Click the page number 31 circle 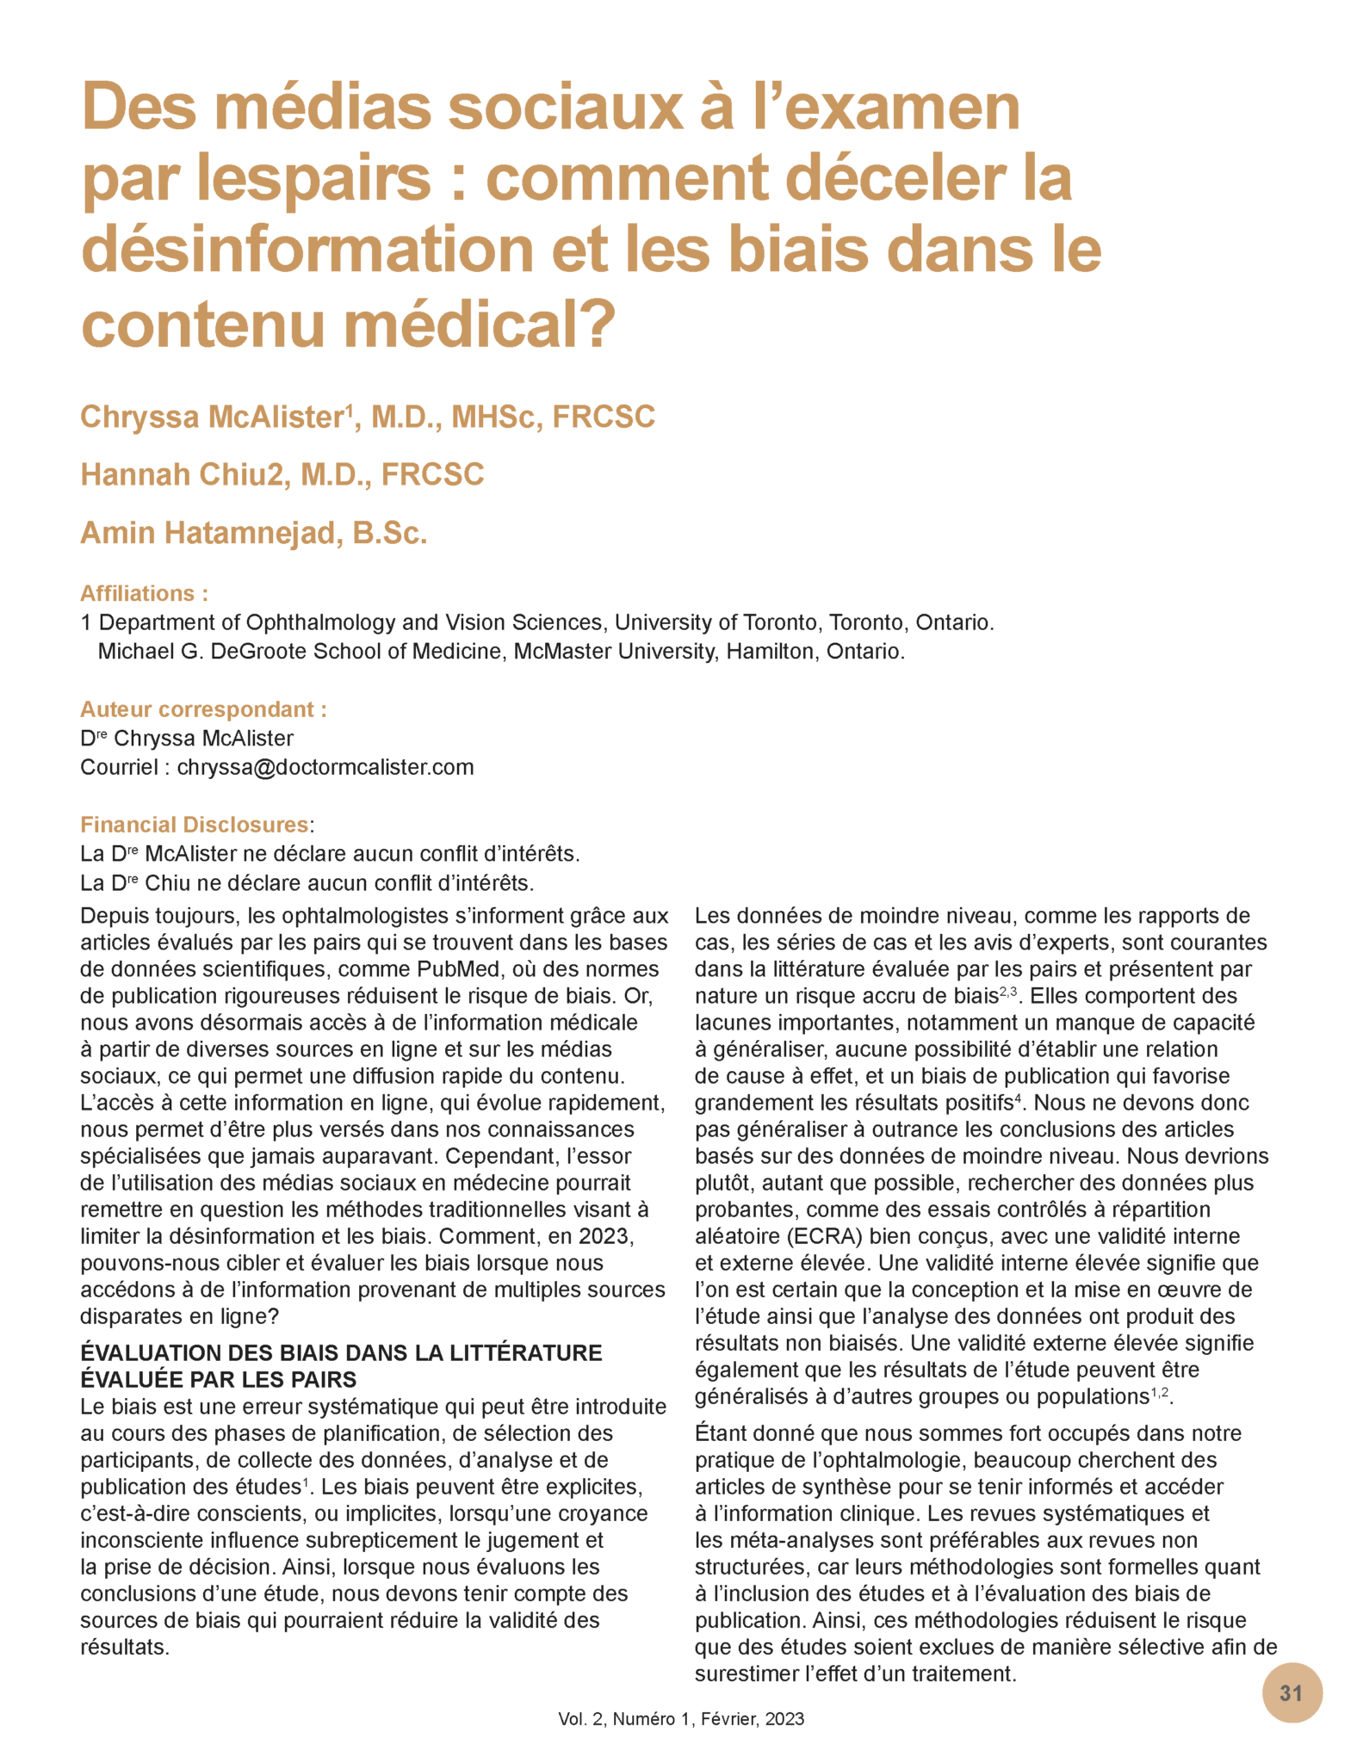click(1292, 1692)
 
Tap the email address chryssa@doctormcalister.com click(325, 767)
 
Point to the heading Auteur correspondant click(203, 709)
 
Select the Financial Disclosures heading click(195, 825)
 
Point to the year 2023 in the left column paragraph click(606, 1236)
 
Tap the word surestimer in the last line click(750, 1673)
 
